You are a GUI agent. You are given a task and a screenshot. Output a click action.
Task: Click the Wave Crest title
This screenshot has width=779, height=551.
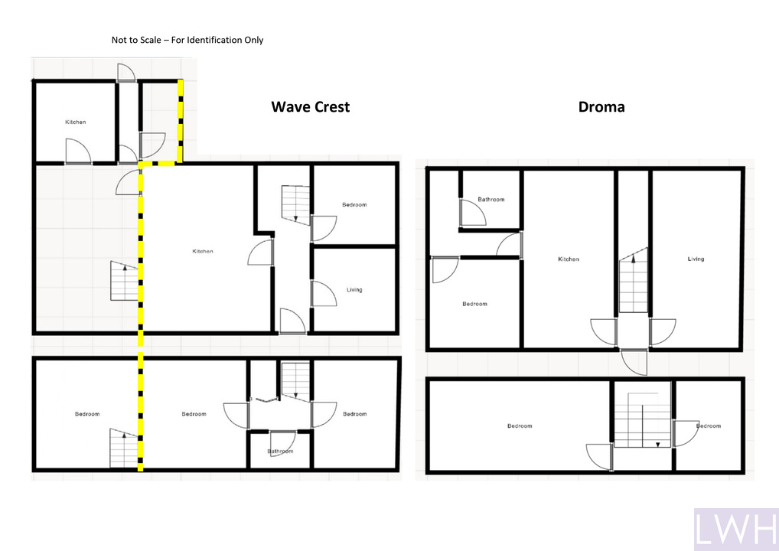coord(311,107)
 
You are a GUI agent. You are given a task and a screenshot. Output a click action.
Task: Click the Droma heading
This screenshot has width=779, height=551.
coord(601,107)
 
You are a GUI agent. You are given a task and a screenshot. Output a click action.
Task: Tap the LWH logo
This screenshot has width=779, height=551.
coord(736,529)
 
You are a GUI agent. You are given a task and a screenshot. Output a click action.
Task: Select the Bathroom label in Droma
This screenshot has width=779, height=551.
coord(491,199)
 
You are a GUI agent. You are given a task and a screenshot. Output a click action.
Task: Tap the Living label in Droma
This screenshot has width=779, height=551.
coord(696,259)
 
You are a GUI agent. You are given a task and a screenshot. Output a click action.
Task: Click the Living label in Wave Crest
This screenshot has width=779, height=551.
coord(354,290)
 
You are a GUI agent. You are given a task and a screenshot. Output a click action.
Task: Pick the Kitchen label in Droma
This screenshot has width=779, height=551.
coord(569,259)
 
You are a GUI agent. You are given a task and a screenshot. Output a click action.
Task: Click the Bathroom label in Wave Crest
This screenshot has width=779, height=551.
coord(280,452)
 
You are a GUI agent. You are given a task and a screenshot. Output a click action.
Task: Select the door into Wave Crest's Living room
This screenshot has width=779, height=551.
coord(324,294)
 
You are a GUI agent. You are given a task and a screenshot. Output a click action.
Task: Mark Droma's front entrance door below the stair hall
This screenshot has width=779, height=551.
coord(634,362)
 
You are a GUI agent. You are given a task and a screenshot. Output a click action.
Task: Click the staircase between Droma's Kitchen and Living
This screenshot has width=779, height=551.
coord(634,280)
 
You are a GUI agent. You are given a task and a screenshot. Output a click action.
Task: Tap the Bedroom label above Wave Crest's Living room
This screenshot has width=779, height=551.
coord(354,204)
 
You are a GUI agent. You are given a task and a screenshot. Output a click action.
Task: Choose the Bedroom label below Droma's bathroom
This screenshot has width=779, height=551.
coord(474,304)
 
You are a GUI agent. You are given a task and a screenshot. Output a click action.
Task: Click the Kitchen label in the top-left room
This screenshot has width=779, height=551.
coord(76,122)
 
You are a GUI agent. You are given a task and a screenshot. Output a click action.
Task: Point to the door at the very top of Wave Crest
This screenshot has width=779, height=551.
coord(126,73)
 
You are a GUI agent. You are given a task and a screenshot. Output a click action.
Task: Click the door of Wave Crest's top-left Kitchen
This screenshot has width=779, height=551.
coord(78,151)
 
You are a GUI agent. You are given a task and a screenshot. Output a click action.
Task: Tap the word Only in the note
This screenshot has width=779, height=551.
coord(254,41)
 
